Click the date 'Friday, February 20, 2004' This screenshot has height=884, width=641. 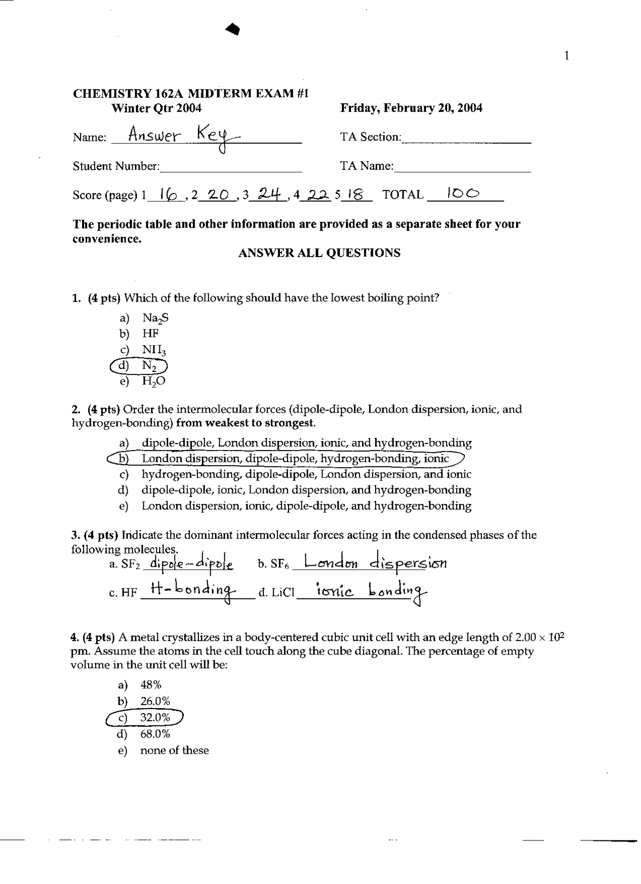coord(411,108)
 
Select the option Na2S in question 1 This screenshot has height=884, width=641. coord(152,318)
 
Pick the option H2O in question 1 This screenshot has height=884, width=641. coord(153,381)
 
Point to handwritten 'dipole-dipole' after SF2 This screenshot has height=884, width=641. coord(188,564)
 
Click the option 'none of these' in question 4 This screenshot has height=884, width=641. coord(174,750)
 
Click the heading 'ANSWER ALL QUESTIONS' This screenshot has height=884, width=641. coord(319,253)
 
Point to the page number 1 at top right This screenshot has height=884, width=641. coord(566,55)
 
